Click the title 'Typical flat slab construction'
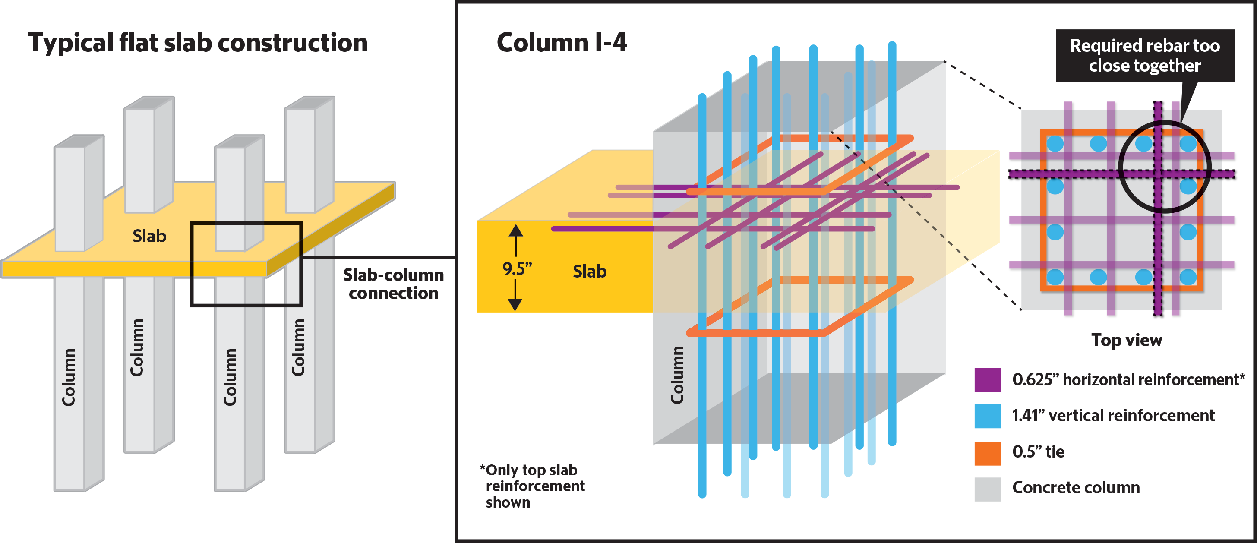click(x=198, y=43)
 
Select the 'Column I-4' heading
click(x=561, y=43)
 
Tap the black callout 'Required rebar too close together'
click(x=1145, y=56)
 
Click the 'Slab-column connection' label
click(x=393, y=284)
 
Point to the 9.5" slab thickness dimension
click(x=517, y=268)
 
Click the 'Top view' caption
click(x=1126, y=340)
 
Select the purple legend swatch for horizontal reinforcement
click(x=987, y=379)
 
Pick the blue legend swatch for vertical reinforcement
click(x=987, y=416)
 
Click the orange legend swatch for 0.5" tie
click(x=987, y=452)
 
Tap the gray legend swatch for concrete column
click(x=987, y=488)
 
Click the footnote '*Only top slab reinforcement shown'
click(x=533, y=486)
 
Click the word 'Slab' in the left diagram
click(x=149, y=236)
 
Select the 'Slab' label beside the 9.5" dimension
click(x=590, y=271)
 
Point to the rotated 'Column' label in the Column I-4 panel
click(x=677, y=375)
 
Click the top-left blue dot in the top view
click(x=1055, y=143)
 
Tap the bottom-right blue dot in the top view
click(x=1188, y=277)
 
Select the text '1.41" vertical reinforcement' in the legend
click(x=1112, y=416)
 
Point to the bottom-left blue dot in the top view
click(x=1055, y=277)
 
